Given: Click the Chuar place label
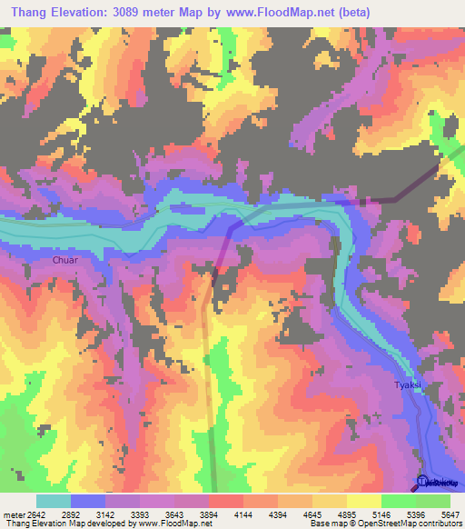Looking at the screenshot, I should pos(65,261).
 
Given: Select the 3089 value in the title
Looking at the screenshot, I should pos(147,13).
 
